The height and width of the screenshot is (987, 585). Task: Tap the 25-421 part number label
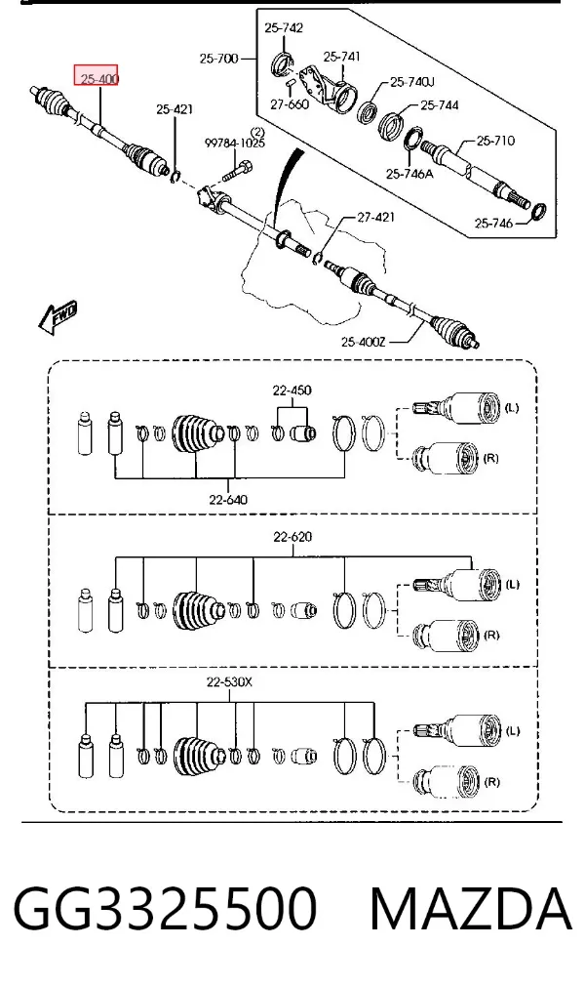(175, 109)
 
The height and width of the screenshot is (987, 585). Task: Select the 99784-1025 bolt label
(235, 144)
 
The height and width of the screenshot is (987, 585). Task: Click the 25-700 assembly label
(218, 59)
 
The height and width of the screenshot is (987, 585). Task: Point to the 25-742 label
(284, 27)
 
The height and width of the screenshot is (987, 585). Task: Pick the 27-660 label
(290, 104)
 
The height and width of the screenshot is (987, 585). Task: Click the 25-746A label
(409, 173)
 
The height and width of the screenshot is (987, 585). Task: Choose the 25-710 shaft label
(495, 141)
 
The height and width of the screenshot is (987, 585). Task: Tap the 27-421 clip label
(375, 217)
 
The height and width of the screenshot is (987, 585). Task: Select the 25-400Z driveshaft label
(364, 342)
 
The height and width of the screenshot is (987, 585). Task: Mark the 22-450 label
(292, 391)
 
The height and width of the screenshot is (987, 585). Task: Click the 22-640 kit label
(228, 500)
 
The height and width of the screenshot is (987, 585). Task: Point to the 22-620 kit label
(292, 537)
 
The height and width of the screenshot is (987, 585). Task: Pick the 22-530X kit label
(229, 681)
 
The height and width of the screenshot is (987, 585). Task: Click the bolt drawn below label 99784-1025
(238, 169)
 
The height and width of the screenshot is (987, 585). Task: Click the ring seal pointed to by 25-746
(538, 212)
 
